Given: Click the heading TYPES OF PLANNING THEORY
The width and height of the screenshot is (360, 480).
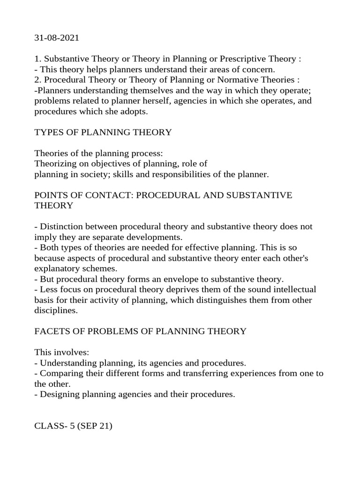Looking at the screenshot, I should tap(103, 132).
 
